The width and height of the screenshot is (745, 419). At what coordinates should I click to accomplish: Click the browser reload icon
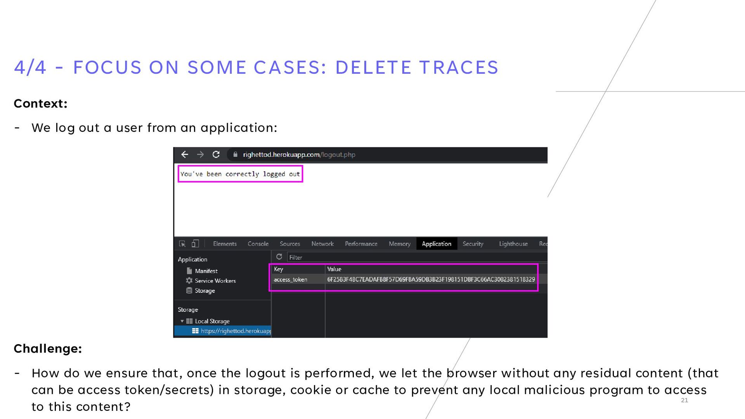216,154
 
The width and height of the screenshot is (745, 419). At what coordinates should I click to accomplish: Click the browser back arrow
185,154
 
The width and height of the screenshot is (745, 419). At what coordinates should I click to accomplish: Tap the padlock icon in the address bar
235,154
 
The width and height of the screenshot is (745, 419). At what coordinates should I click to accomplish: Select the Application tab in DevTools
437,244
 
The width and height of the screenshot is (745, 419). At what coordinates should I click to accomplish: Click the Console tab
258,244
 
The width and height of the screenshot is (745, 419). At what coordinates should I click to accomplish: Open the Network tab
322,244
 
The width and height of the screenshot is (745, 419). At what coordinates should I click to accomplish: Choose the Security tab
473,244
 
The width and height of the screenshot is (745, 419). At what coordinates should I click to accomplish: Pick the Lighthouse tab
513,244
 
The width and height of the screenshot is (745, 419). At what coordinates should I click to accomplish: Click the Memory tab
400,244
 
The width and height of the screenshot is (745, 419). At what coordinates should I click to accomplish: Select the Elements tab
225,244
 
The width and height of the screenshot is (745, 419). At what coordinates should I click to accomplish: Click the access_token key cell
291,279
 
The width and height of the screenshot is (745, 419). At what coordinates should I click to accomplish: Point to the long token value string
431,279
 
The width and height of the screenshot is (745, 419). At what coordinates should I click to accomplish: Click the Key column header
279,269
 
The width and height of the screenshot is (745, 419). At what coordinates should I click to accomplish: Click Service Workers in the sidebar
215,280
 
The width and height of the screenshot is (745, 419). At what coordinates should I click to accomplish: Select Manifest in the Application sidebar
206,271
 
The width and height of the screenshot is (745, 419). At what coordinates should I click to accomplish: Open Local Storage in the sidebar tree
212,321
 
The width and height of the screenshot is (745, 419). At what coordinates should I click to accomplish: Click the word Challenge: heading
48,348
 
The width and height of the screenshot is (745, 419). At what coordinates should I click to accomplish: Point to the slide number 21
684,400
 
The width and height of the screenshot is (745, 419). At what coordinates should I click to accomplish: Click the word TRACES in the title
459,68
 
